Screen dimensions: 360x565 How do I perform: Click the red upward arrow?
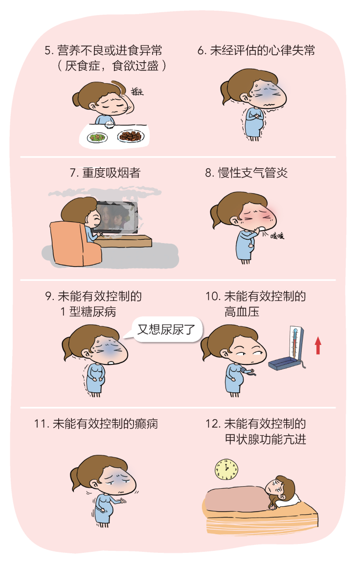[318, 345]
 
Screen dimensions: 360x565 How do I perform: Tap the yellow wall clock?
[226, 470]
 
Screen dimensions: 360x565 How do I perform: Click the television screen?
[115, 217]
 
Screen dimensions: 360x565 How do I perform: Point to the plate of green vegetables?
[97, 137]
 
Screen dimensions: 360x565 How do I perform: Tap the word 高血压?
[242, 311]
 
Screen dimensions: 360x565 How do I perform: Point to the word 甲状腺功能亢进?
[266, 439]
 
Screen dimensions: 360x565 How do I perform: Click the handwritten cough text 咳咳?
[277, 236]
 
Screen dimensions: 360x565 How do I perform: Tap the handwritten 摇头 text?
[137, 91]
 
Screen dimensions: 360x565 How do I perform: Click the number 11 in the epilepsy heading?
[40, 424]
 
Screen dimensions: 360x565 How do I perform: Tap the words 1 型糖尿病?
[88, 311]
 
